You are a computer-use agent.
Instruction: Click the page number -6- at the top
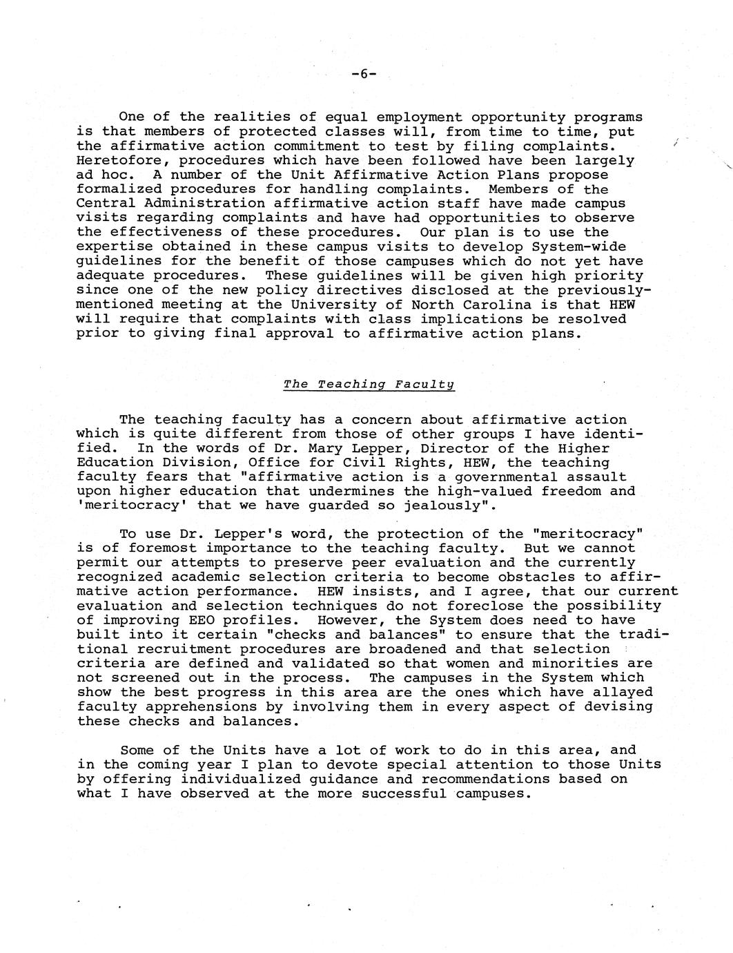(364, 74)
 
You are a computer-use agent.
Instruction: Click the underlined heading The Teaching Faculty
(369, 385)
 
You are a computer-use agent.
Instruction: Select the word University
(351, 305)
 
